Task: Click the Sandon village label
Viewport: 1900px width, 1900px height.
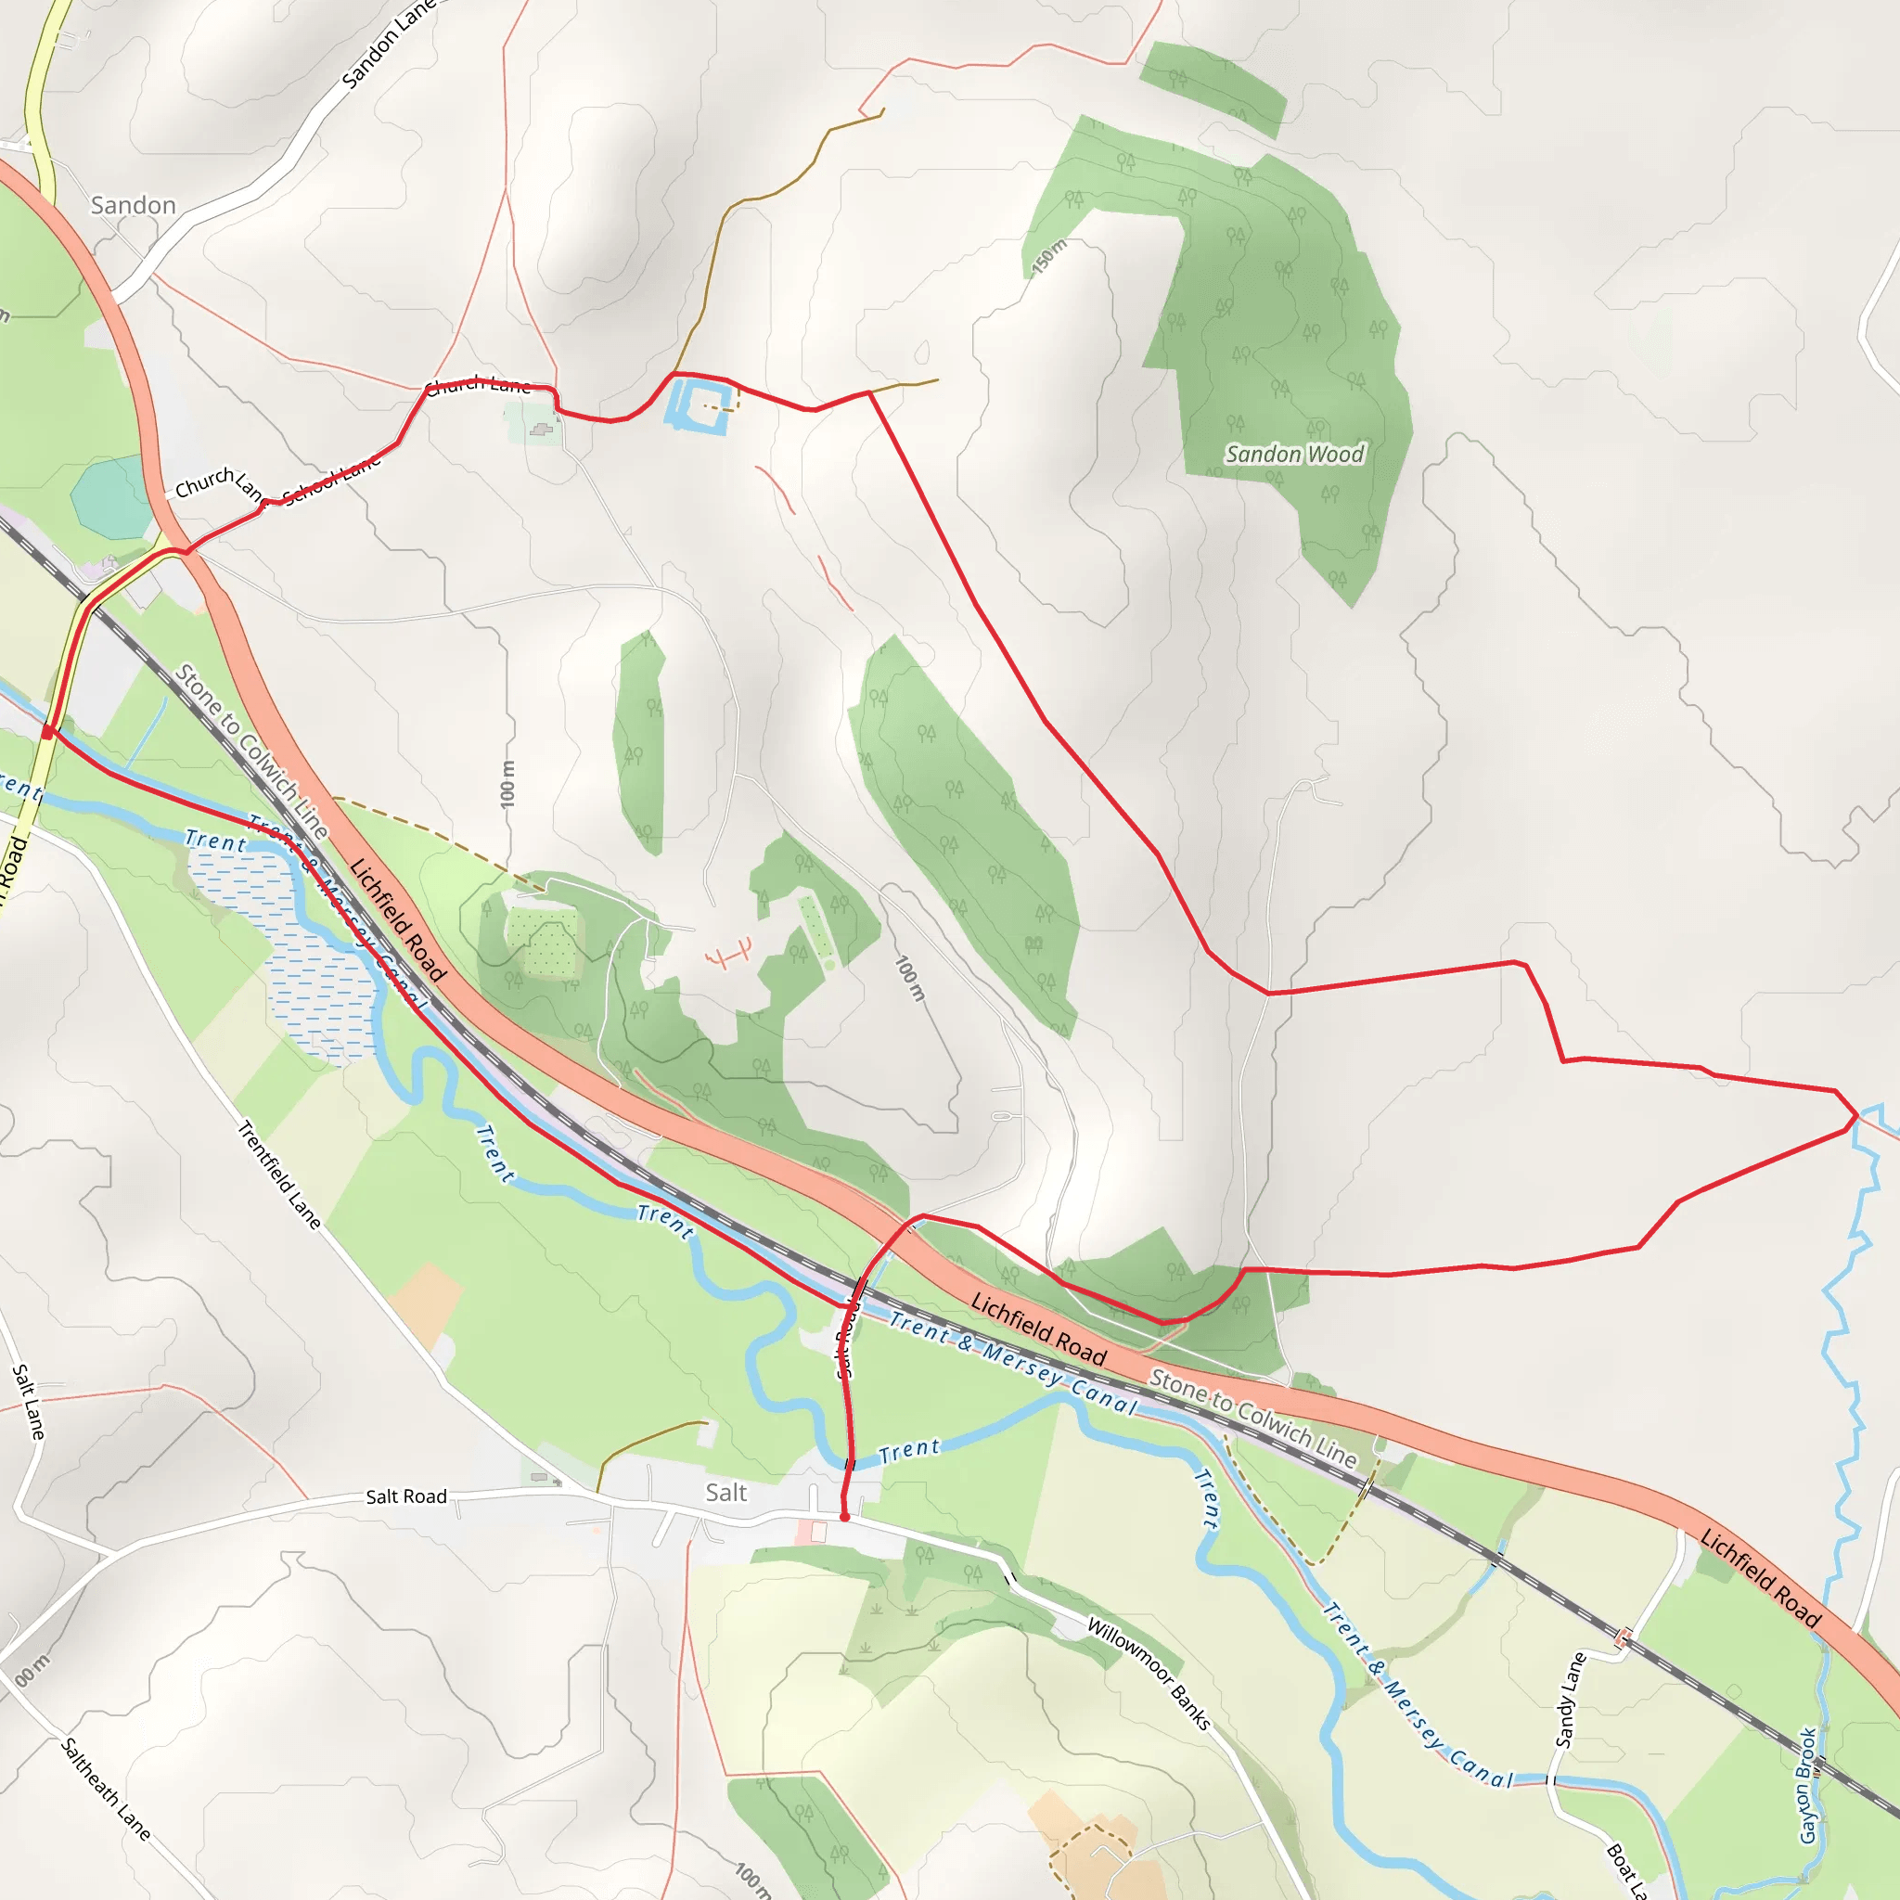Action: (x=133, y=206)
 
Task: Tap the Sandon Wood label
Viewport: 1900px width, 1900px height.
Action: (x=1294, y=455)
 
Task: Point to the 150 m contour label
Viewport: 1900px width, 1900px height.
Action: (x=1049, y=258)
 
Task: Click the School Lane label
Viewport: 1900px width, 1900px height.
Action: (x=331, y=480)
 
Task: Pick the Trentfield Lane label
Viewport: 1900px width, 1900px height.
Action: (x=279, y=1175)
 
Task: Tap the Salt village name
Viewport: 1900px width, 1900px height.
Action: (x=725, y=1493)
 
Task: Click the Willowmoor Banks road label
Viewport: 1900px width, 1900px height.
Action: (x=1148, y=1674)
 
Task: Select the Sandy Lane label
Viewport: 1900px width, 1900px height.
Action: (x=1571, y=1701)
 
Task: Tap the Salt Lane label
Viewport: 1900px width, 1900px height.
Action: (x=29, y=1402)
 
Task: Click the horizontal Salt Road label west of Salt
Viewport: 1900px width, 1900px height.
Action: (x=406, y=1496)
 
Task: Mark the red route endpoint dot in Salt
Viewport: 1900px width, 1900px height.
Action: (x=845, y=1518)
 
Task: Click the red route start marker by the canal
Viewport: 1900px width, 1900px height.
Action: (x=47, y=733)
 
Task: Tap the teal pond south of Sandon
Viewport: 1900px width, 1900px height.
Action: (x=111, y=496)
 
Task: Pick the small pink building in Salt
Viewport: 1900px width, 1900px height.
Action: (x=817, y=1531)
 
